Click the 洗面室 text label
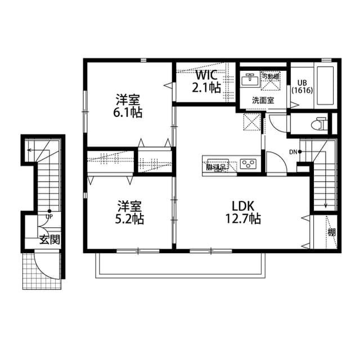point(262,100)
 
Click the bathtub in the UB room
point(325,86)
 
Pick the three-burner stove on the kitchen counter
point(248,164)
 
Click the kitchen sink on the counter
point(216,165)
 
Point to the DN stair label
point(294,152)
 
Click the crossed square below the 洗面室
point(251,122)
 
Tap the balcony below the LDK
point(180,264)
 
